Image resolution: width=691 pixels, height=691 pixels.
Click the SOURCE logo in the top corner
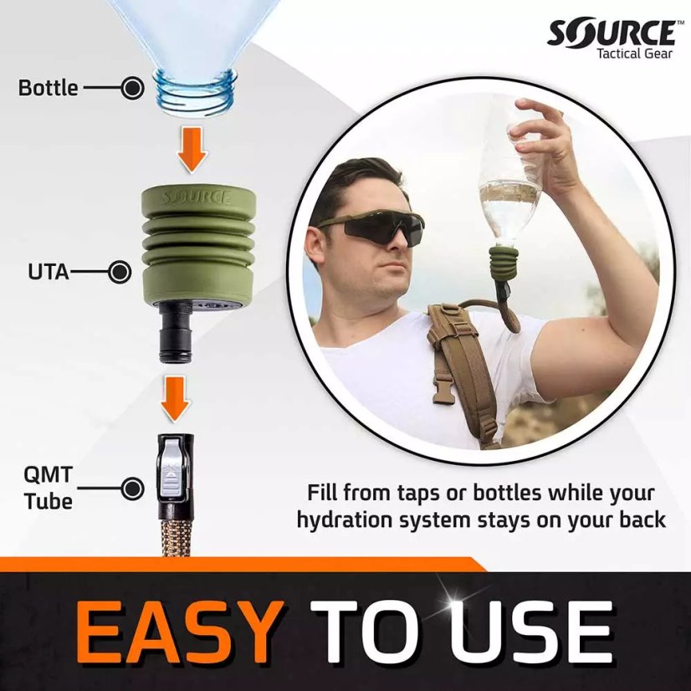click(611, 33)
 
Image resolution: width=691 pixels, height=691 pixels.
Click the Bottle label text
click(48, 87)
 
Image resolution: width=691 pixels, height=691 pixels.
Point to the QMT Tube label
click(48, 489)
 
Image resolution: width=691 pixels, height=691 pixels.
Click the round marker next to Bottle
click(132, 87)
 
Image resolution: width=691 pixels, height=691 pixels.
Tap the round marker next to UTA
click(120, 272)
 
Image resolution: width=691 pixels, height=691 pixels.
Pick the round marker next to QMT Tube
click(132, 489)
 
